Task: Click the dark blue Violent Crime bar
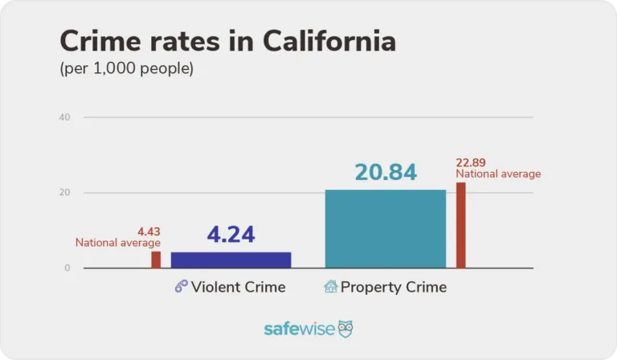pos(231,260)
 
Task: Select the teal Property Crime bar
pos(385,229)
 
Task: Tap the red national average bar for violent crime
pos(156,260)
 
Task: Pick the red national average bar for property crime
pos(461,225)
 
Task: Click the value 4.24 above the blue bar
pos(231,235)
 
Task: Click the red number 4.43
pos(149,230)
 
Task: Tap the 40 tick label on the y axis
pos(65,117)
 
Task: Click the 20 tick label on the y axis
pos(65,193)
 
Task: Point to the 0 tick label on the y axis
pos(67,268)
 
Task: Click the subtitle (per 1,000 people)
pos(127,69)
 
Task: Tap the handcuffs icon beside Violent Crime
pos(181,287)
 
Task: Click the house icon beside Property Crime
pos(330,287)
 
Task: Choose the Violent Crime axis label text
pos(238,287)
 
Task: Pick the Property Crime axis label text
pos(393,287)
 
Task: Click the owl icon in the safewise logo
pos(345,329)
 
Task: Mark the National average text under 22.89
pos(498,174)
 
